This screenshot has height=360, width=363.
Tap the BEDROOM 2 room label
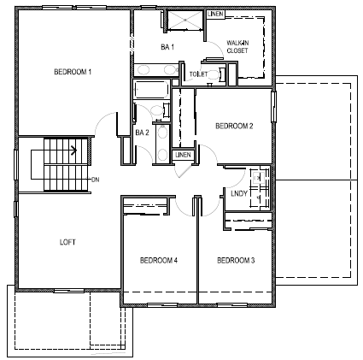pos(233,126)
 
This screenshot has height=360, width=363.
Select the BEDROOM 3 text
pos(235,259)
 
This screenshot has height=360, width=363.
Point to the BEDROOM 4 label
pos(158,259)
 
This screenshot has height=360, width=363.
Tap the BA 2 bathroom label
pos(143,133)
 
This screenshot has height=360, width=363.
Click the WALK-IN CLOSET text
pos(237,47)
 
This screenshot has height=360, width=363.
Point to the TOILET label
pos(198,74)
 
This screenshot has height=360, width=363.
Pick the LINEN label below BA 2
pos(183,155)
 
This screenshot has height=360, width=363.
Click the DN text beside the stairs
pos(94,179)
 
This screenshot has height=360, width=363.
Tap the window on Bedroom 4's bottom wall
pos(160,304)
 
